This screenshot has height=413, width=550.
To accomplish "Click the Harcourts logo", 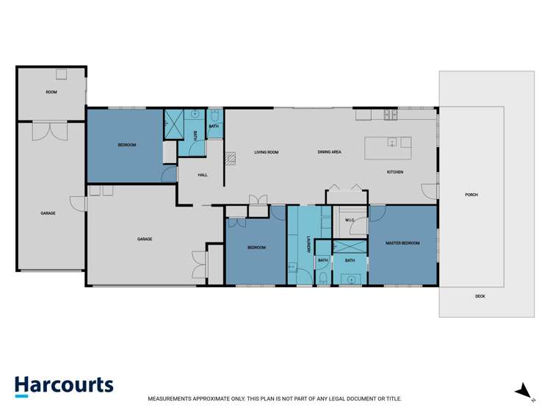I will [x=64, y=386].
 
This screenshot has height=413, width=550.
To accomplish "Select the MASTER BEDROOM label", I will [x=402, y=242].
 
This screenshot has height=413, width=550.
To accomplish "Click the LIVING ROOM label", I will [x=266, y=152].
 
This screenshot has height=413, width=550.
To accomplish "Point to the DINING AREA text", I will [x=329, y=152].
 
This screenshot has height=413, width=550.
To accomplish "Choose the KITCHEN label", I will [x=395, y=172].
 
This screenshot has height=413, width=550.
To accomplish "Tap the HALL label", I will [x=203, y=175].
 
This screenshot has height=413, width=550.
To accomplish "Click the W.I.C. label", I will [x=350, y=219].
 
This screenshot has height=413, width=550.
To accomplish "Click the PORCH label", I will [x=471, y=195].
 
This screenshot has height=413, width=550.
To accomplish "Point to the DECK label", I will [x=480, y=296].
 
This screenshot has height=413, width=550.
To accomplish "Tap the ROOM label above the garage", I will [x=51, y=92].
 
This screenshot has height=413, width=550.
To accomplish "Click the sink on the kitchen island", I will [x=393, y=142].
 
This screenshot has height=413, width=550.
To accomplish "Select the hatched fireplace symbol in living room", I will [x=229, y=156].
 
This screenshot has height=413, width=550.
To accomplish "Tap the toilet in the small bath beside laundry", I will [x=323, y=278].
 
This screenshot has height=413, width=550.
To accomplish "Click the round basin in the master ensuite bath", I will [x=350, y=279].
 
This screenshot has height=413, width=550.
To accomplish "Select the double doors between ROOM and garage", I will [x=51, y=130].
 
